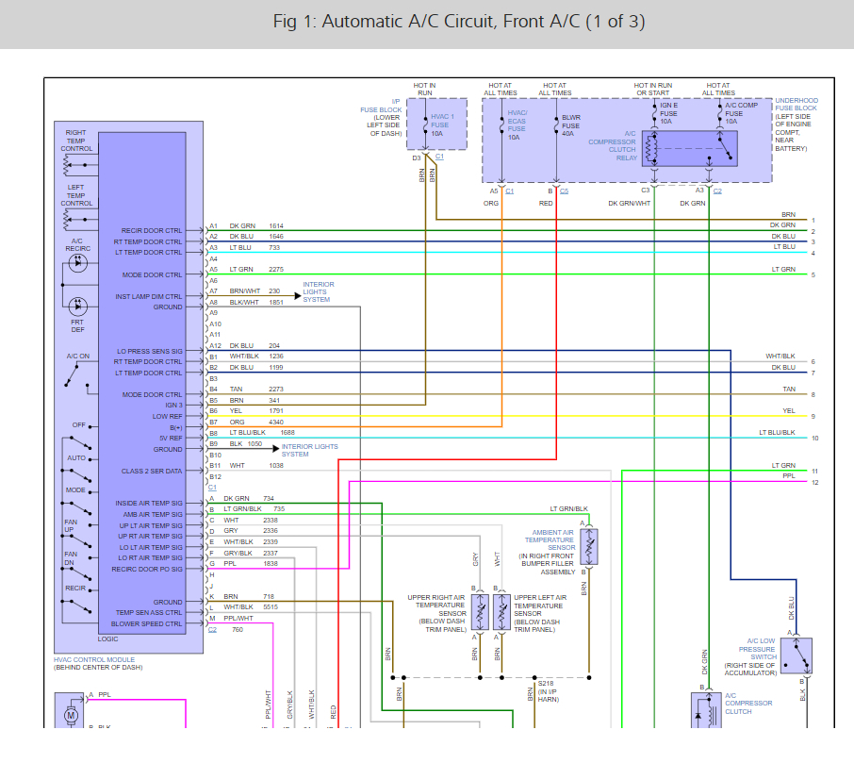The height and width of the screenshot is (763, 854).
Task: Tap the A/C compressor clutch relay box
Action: tap(690, 148)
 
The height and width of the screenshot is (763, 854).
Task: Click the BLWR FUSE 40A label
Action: tap(571, 125)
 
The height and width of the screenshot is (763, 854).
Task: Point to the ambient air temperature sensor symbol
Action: tap(589, 546)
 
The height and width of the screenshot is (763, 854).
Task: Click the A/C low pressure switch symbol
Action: tap(797, 656)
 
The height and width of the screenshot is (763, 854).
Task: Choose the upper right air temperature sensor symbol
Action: tap(480, 612)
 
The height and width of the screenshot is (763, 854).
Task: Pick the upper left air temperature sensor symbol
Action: tap(501, 612)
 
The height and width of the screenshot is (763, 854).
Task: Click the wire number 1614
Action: tap(276, 225)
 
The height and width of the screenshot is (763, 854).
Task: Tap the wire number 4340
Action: tap(276, 422)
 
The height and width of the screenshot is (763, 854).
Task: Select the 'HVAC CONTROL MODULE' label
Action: tap(94, 659)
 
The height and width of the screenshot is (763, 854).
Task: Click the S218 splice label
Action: tap(546, 684)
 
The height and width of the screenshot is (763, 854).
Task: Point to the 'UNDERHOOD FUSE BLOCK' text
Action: tap(797, 104)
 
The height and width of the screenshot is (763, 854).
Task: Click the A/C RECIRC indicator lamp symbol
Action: tap(78, 263)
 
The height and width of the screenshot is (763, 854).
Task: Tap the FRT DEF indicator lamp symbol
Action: tap(78, 307)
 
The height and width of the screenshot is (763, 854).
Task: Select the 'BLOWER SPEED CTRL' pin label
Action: tap(146, 624)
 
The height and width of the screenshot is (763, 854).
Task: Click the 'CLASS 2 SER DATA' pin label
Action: tap(152, 471)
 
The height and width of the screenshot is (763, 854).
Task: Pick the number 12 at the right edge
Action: tap(814, 482)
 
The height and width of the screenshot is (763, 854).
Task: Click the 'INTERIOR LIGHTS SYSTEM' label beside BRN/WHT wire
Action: tap(319, 292)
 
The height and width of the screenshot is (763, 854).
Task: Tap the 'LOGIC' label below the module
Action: tap(107, 639)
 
